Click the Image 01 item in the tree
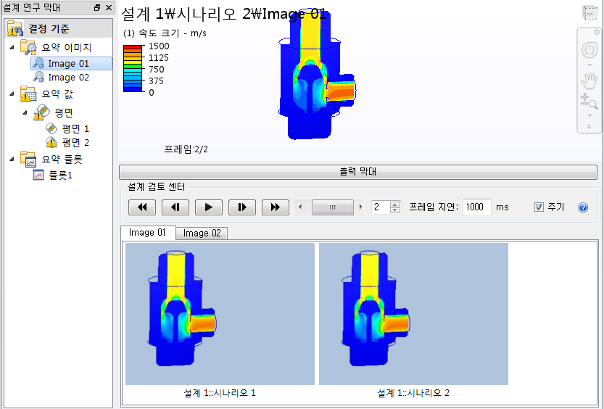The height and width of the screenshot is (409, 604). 68,64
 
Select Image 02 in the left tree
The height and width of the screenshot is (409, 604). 68,78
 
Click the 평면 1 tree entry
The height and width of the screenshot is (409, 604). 75,128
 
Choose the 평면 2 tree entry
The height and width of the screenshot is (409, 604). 75,142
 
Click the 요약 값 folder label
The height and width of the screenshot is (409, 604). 57,94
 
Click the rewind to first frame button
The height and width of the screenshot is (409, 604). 142,207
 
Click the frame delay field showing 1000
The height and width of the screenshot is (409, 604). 476,207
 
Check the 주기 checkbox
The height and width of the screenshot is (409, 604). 539,207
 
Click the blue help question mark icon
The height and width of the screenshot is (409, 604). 583,207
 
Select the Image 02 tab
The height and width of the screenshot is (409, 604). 202,233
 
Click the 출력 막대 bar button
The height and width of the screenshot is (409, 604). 358,173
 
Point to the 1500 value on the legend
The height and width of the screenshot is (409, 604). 159,46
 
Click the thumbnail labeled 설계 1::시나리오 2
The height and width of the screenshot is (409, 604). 413,313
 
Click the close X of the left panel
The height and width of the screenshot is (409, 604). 108,7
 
